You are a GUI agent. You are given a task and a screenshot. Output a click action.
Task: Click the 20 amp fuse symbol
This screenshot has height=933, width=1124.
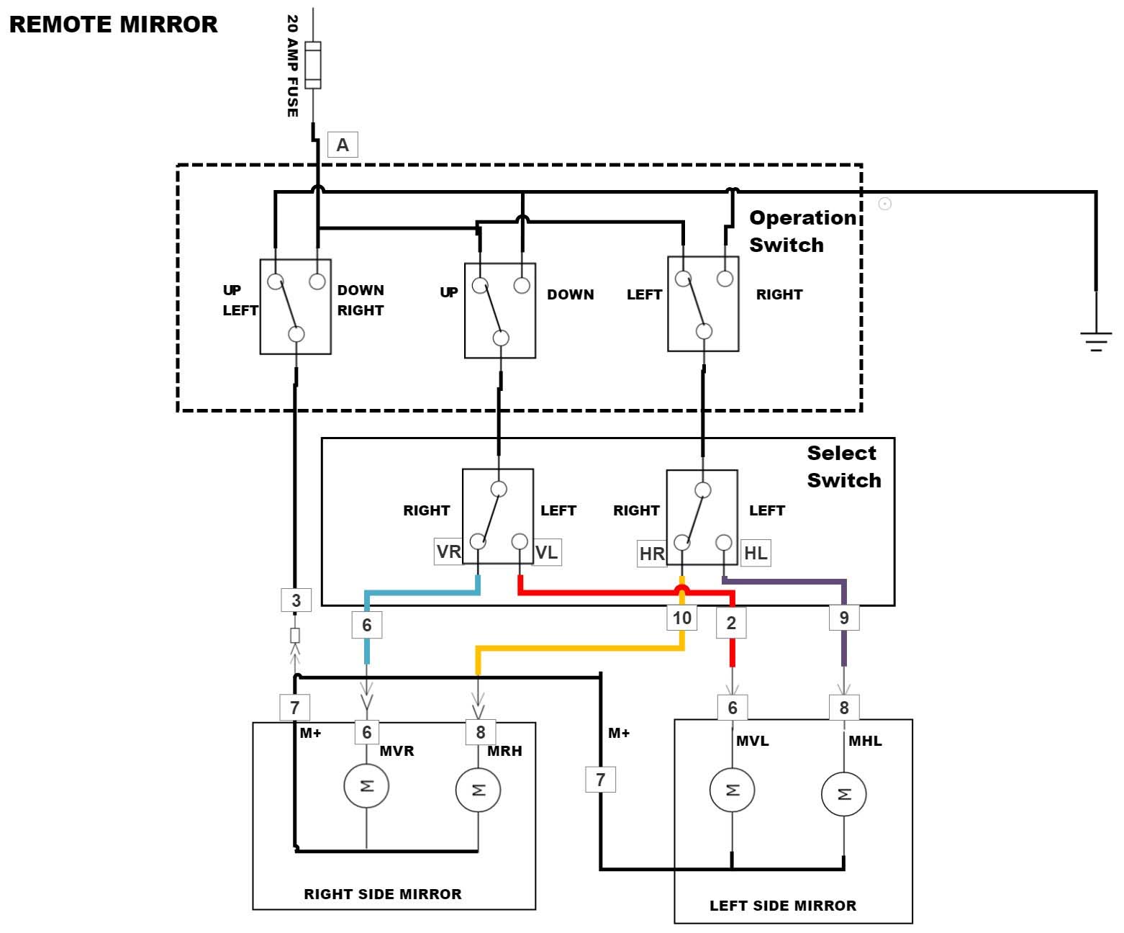coord(313,66)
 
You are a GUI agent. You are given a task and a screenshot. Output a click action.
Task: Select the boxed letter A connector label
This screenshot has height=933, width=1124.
coord(343,145)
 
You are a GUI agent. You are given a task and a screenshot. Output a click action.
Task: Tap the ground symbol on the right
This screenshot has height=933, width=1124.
coord(1095,340)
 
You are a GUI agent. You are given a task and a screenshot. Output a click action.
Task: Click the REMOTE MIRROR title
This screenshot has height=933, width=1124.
coord(113,24)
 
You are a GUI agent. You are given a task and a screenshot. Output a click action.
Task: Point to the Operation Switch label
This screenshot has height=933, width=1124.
coord(802,231)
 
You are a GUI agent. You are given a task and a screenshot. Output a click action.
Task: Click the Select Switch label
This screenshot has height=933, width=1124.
coord(843,466)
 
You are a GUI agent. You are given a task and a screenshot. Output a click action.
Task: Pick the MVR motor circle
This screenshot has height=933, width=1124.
coord(366,785)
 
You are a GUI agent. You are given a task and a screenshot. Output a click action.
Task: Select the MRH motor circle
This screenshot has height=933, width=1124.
coord(478,790)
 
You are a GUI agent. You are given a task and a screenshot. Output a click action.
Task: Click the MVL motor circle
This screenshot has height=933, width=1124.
coord(732,790)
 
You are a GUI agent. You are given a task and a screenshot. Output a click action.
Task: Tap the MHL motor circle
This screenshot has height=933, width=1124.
coord(843,794)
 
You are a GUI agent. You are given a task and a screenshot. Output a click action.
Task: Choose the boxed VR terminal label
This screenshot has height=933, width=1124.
coord(448,552)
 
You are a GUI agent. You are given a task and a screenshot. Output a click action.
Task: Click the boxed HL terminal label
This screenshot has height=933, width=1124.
coord(756,553)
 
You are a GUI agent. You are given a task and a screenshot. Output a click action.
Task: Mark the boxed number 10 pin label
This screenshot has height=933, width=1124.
coord(681,618)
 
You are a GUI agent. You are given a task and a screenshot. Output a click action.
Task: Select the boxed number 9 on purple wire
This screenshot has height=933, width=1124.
coord(844,618)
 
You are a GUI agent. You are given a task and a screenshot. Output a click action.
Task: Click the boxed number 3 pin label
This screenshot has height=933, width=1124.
coord(296,600)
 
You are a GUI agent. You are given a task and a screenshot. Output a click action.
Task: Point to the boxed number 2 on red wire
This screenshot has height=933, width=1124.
coord(731,623)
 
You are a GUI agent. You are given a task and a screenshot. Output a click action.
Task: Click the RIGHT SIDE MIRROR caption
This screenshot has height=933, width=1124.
coord(382,894)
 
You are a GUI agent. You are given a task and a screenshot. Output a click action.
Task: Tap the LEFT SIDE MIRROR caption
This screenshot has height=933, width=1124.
coord(783,906)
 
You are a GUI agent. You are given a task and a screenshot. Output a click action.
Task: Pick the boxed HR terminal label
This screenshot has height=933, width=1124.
coord(652,554)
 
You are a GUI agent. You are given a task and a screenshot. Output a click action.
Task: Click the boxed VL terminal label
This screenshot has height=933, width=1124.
coord(547,552)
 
